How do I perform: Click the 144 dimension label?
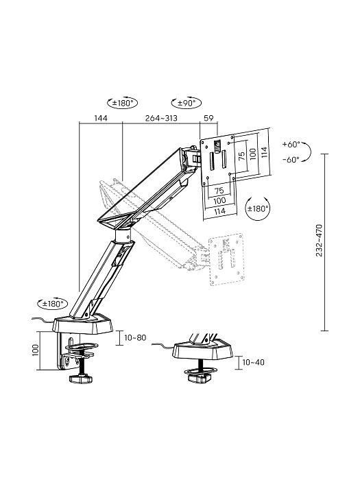101,118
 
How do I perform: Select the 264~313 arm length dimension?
161,118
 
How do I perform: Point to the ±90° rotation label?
186,103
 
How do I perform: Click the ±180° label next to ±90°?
124,103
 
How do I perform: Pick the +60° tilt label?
291,145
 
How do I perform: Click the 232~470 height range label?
320,240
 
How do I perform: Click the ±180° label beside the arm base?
52,302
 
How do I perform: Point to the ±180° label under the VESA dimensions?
259,208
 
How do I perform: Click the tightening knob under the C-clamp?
81,379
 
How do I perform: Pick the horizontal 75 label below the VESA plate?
219,191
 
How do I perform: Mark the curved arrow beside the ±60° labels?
308,152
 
